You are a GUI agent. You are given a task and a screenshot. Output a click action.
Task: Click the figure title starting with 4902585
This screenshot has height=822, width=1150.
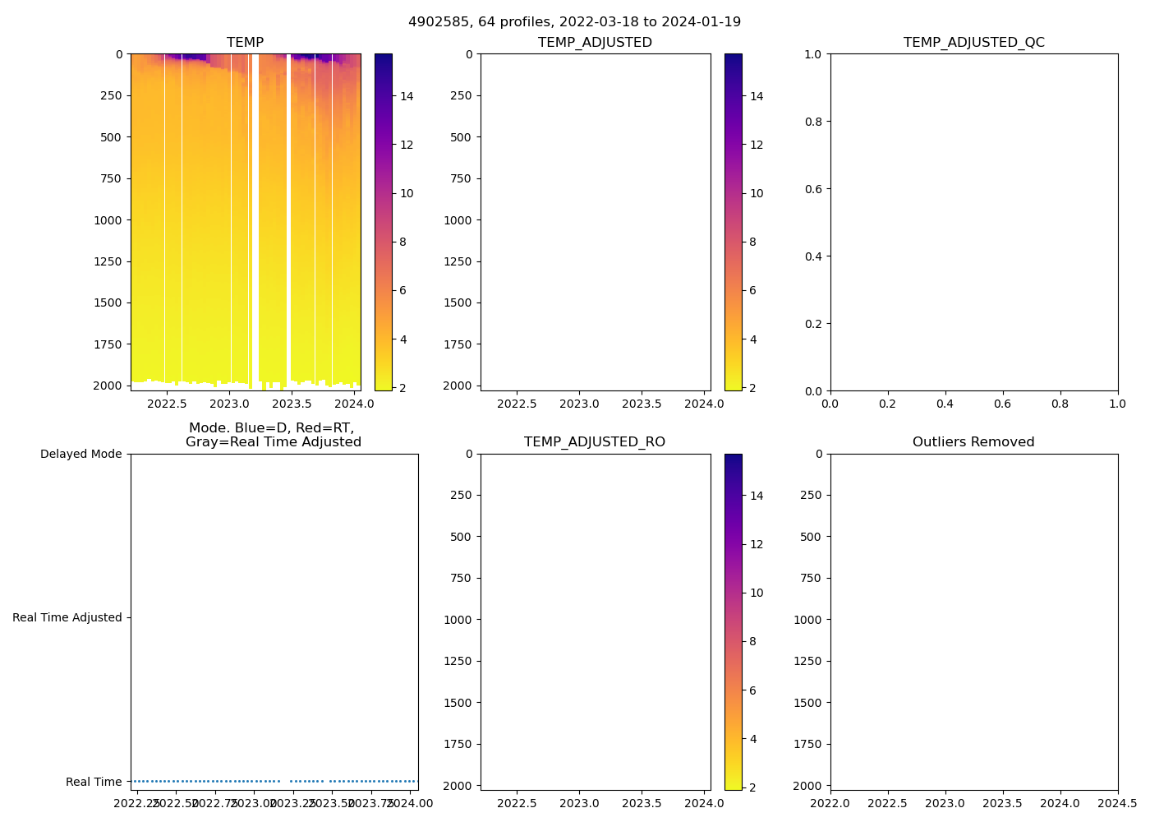pyautogui.click(x=574, y=21)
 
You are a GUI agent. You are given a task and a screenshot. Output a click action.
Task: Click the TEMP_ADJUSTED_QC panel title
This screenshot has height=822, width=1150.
pyautogui.click(x=973, y=43)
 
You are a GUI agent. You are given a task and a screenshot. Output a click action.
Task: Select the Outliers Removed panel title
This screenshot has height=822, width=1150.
pyautogui.click(x=973, y=442)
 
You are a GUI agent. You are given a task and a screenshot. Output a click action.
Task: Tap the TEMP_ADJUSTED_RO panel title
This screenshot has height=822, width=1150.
pyautogui.click(x=595, y=442)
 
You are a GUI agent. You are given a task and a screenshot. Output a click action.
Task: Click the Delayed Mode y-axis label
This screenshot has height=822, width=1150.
pyautogui.click(x=80, y=454)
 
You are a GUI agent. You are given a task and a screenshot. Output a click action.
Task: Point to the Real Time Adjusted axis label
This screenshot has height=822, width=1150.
pyautogui.click(x=67, y=617)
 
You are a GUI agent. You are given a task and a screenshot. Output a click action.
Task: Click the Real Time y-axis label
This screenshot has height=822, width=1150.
pyautogui.click(x=94, y=782)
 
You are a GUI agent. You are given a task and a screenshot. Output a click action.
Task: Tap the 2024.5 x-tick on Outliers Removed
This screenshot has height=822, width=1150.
pyautogui.click(x=1118, y=803)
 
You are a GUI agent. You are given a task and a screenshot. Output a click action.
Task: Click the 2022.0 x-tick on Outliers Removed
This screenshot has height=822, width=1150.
pyautogui.click(x=830, y=803)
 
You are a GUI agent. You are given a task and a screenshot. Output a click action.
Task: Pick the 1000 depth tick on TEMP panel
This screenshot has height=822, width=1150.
pyautogui.click(x=108, y=220)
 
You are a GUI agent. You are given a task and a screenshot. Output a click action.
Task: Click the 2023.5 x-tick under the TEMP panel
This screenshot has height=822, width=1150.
pyautogui.click(x=292, y=404)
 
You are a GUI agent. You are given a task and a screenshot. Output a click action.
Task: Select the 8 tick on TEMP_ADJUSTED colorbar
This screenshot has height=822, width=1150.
pyautogui.click(x=752, y=242)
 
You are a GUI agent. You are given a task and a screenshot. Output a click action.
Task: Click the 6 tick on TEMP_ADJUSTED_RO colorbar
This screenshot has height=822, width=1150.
pyautogui.click(x=752, y=690)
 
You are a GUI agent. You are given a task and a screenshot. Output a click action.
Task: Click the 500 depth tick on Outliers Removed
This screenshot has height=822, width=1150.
pyautogui.click(x=811, y=537)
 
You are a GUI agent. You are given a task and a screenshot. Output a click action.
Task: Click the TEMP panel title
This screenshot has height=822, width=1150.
pyautogui.click(x=245, y=43)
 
